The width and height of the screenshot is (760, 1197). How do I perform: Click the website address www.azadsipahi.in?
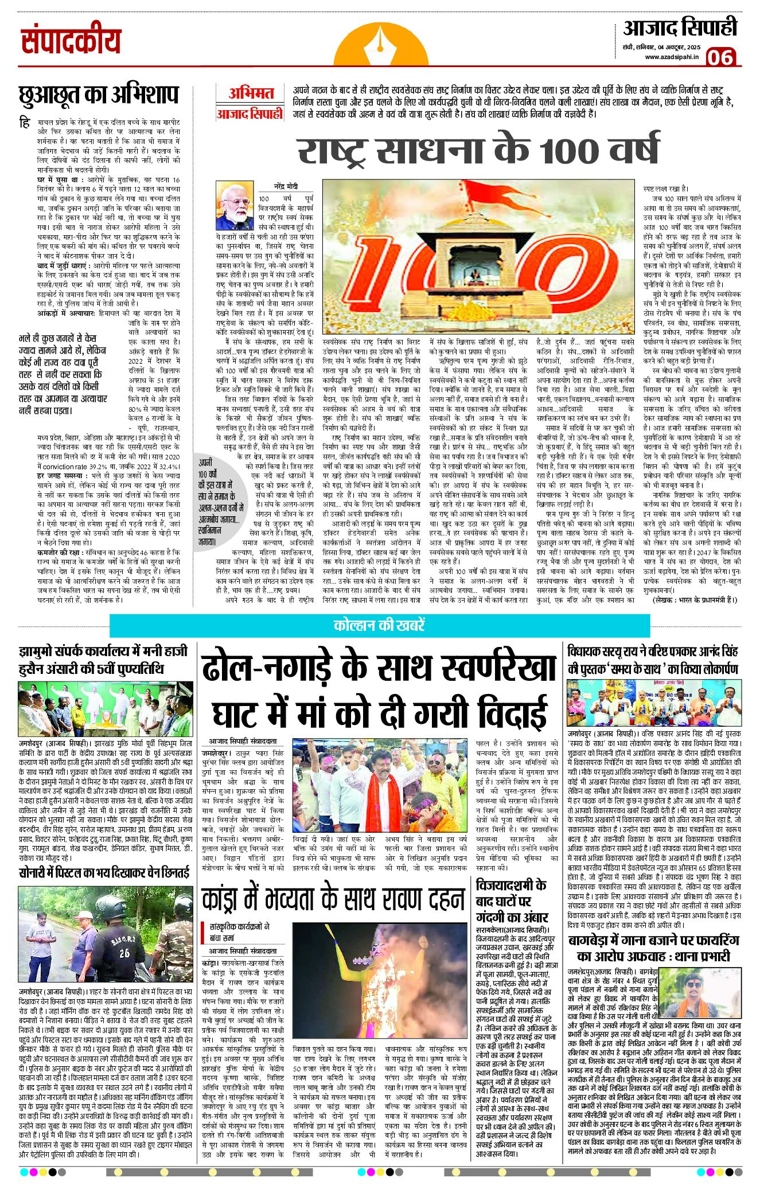click(672, 57)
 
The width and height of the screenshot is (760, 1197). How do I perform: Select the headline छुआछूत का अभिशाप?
click(99, 95)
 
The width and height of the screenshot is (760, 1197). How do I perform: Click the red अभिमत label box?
click(251, 93)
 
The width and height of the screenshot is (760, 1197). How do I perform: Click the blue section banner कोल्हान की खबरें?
click(379, 625)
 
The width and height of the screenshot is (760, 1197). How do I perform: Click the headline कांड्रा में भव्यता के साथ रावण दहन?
click(332, 899)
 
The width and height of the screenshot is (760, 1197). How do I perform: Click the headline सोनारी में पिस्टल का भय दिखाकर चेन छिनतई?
click(104, 874)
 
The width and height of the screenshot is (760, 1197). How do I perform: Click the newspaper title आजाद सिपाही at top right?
click(680, 28)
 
